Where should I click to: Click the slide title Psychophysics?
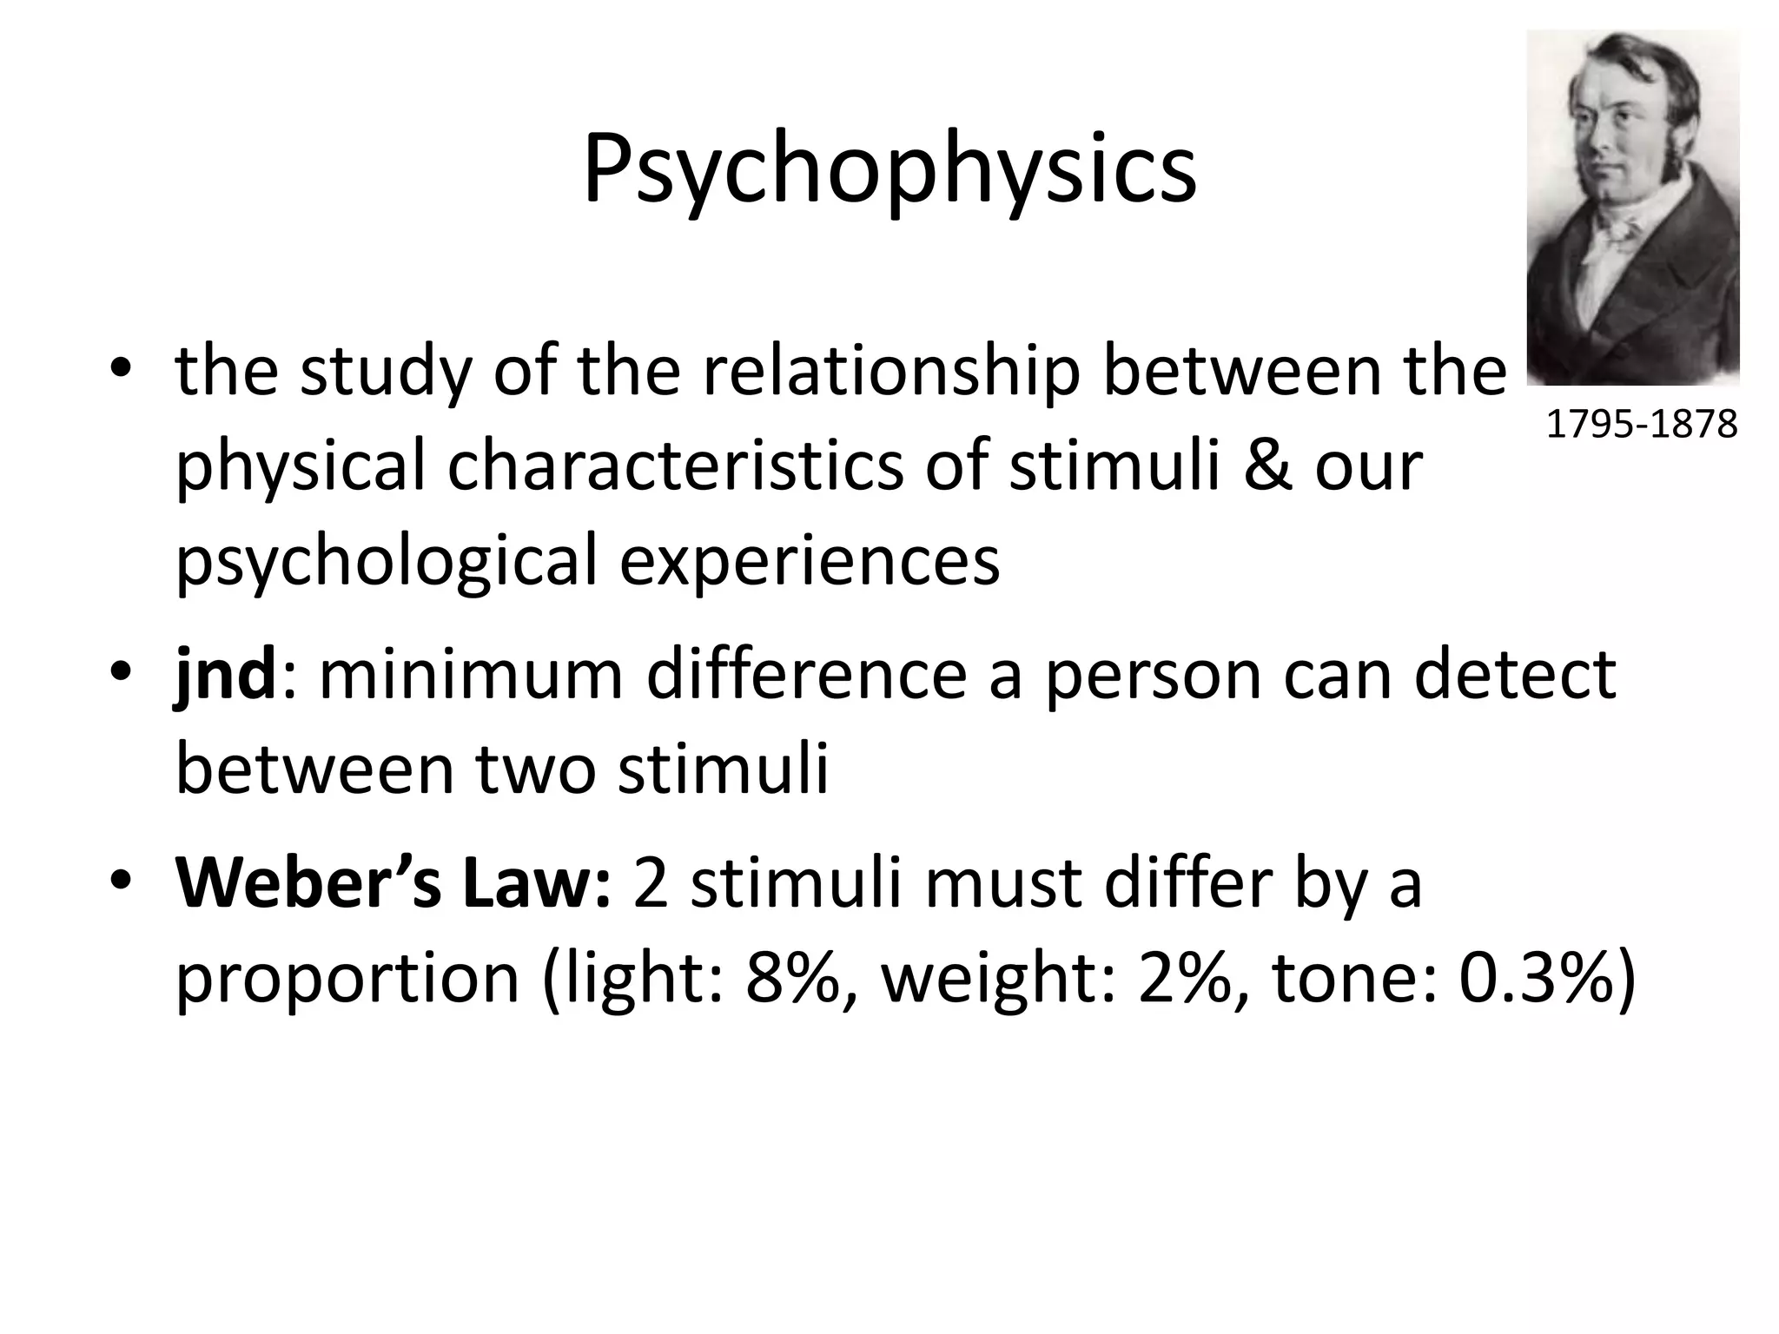tap(889, 169)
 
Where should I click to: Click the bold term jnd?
tap(225, 676)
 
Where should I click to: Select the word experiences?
tap(810, 560)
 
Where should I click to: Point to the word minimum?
tap(471, 676)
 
